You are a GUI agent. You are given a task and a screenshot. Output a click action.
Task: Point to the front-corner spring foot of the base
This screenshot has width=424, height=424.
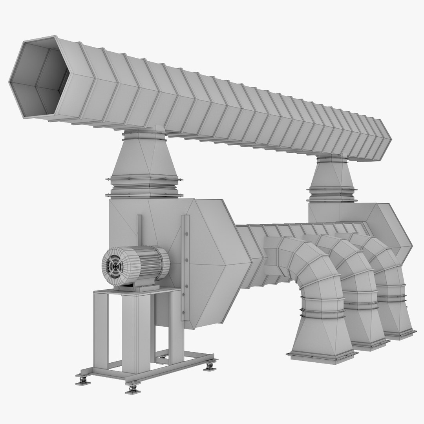pos(133,389)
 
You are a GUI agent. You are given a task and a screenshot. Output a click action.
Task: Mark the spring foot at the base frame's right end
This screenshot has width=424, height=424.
pos(211,366)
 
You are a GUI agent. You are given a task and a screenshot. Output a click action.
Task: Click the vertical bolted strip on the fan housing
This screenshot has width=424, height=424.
pos(185,267)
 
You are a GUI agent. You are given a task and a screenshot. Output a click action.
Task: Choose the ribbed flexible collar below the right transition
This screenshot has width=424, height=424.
pos(332,194)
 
